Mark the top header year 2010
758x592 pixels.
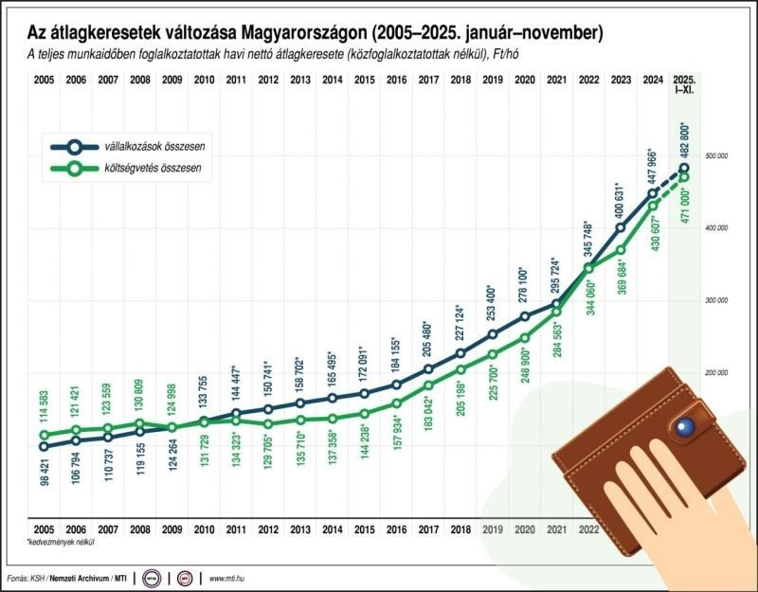[x=203, y=81]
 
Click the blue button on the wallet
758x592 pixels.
[x=681, y=429]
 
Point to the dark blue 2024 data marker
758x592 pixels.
[x=652, y=194]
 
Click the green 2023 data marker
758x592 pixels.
[x=620, y=250]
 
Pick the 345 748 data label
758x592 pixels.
[x=587, y=240]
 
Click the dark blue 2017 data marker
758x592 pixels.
[x=428, y=369]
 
